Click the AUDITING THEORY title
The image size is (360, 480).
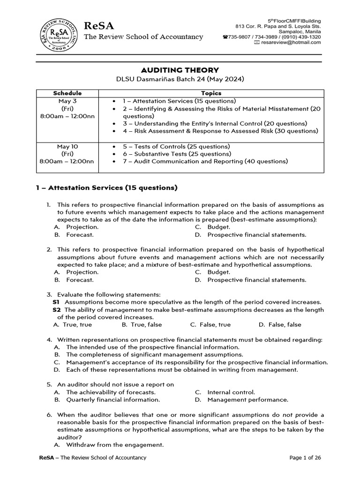click(x=180, y=70)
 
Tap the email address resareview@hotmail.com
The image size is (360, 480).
click(x=291, y=42)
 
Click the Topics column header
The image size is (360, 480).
click(x=211, y=93)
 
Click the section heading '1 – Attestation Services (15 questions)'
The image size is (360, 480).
click(x=107, y=188)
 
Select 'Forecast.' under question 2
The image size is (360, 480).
click(x=80, y=280)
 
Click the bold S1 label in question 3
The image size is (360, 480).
click(x=56, y=302)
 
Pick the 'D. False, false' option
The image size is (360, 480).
click(x=280, y=324)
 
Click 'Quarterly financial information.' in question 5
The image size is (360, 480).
click(x=113, y=400)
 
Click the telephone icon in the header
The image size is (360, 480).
click(x=225, y=37)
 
